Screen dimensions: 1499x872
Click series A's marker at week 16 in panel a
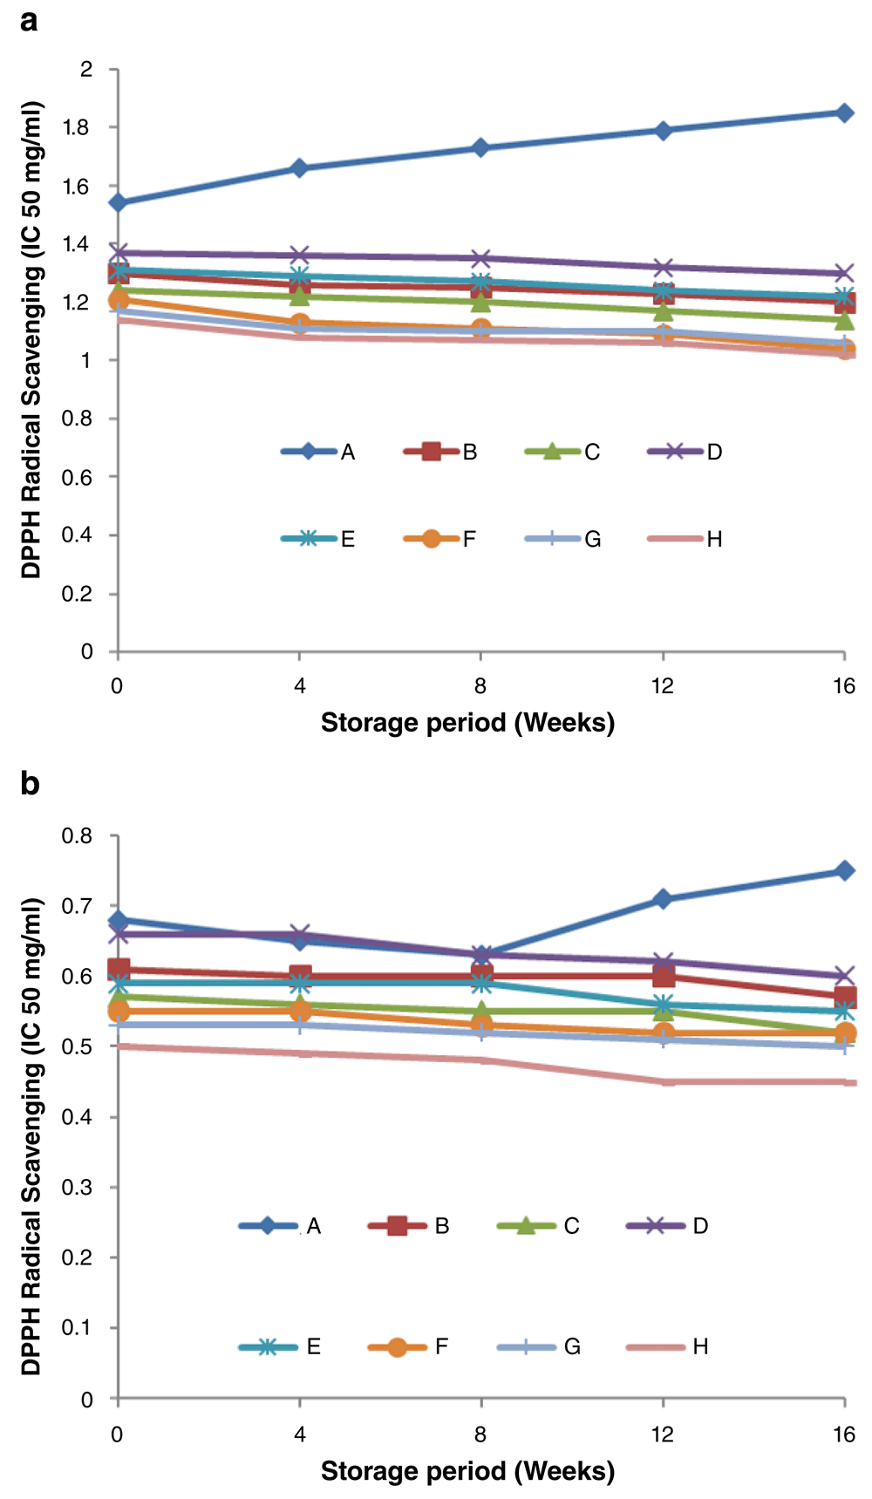tap(844, 113)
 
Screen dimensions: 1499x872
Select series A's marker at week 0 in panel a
tap(118, 203)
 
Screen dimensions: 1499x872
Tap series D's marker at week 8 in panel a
tap(480, 258)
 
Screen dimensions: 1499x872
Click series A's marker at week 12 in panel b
tap(663, 899)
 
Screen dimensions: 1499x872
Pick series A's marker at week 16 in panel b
tap(844, 870)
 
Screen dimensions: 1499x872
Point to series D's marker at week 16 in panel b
tap(844, 976)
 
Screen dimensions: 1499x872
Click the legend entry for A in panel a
tap(319, 452)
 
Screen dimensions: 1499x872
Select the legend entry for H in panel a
tap(685, 539)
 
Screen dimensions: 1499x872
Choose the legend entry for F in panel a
tap(441, 539)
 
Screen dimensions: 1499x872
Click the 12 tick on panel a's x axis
tap(663, 686)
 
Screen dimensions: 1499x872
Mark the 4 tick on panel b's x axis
tap(300, 1434)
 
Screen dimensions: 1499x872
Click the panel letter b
tap(30, 783)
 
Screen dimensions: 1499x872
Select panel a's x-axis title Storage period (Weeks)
tap(467, 723)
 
